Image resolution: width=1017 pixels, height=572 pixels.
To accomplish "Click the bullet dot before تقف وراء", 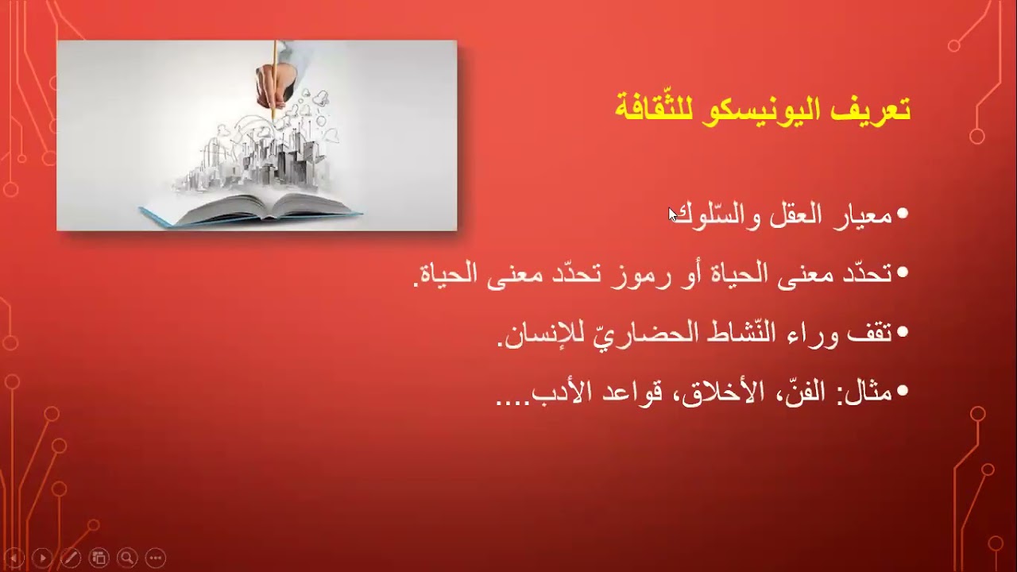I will tap(902, 334).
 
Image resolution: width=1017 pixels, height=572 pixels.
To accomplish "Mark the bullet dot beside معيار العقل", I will tap(902, 215).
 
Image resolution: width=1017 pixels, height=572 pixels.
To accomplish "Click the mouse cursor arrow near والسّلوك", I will tap(673, 214).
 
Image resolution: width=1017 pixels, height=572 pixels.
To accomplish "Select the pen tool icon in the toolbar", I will tap(71, 558).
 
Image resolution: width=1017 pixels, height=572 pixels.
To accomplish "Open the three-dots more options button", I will tap(155, 558).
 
